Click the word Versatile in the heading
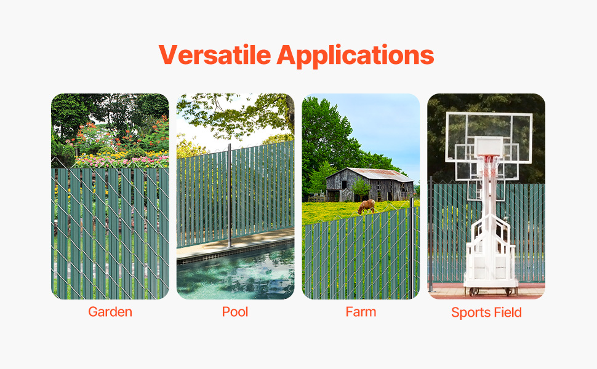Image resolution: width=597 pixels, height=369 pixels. (215, 55)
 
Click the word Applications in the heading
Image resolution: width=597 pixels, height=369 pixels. (355, 56)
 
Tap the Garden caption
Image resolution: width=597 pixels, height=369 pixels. (110, 312)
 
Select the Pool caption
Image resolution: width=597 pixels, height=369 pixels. (235, 312)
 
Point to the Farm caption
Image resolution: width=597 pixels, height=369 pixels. (361, 312)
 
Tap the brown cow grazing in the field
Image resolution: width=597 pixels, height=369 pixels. (366, 206)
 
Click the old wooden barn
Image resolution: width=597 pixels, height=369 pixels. (369, 184)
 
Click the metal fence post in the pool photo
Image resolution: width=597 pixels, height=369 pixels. (230, 196)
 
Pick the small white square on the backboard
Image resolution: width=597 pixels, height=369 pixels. (489, 146)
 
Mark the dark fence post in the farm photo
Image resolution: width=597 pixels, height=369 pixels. (411, 248)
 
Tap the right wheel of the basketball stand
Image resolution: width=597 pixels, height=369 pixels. (508, 292)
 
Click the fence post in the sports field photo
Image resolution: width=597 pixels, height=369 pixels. (431, 234)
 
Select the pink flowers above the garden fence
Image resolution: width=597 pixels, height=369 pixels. (122, 161)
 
